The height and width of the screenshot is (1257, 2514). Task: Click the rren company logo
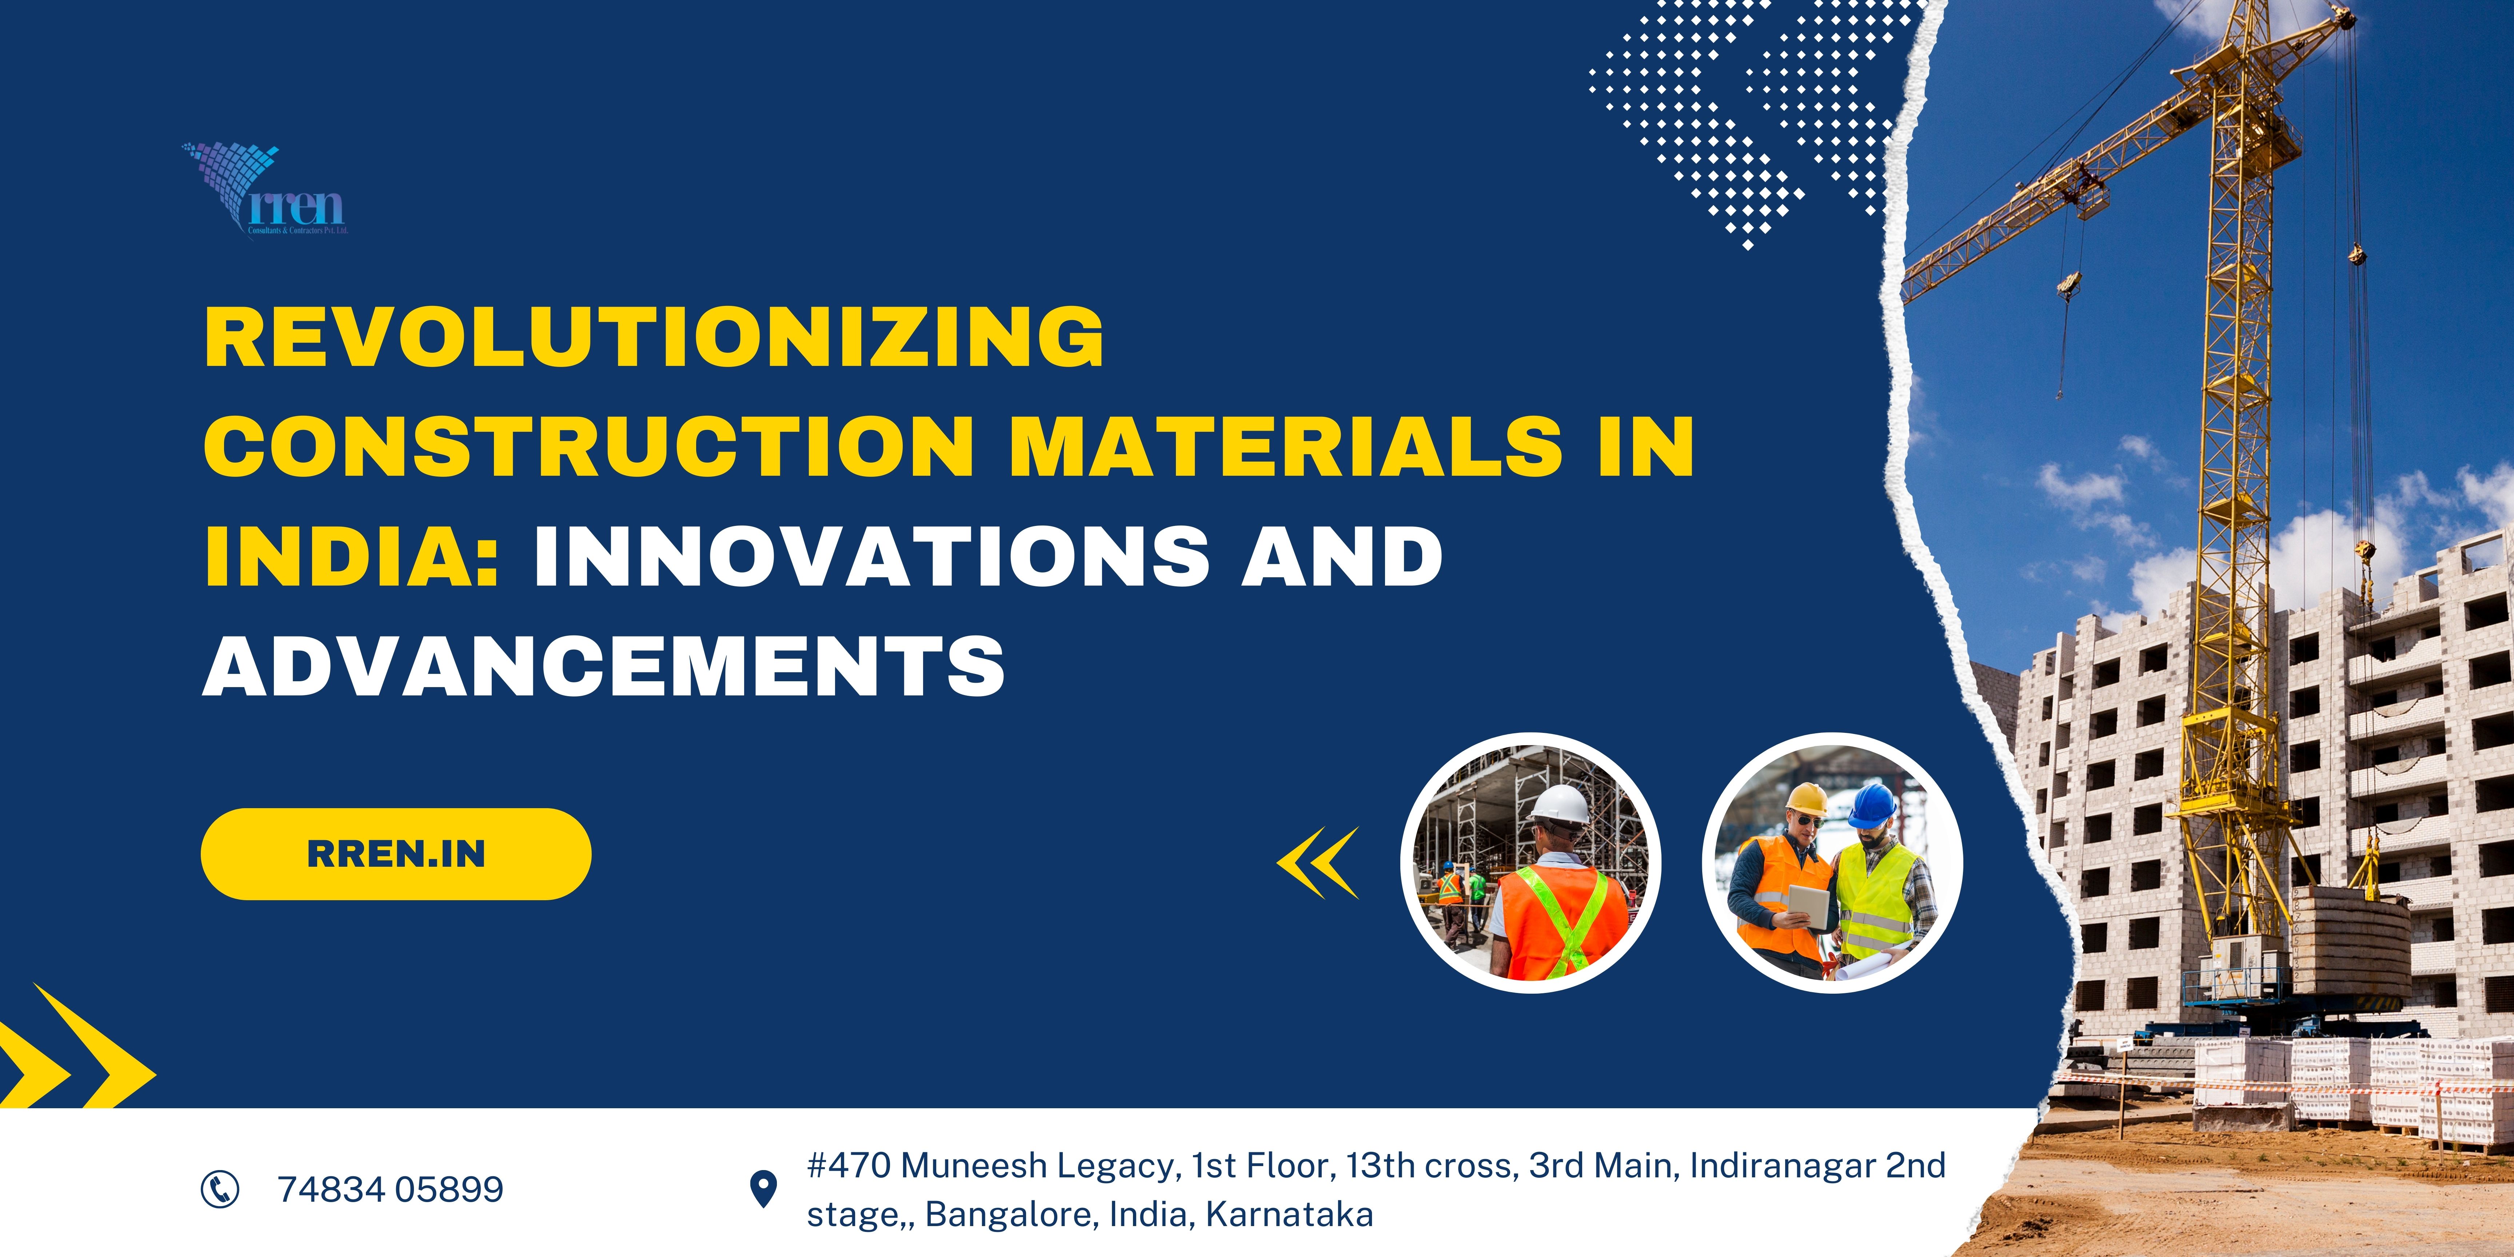pos(266,190)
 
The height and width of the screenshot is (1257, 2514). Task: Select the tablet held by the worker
pos(1810,906)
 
